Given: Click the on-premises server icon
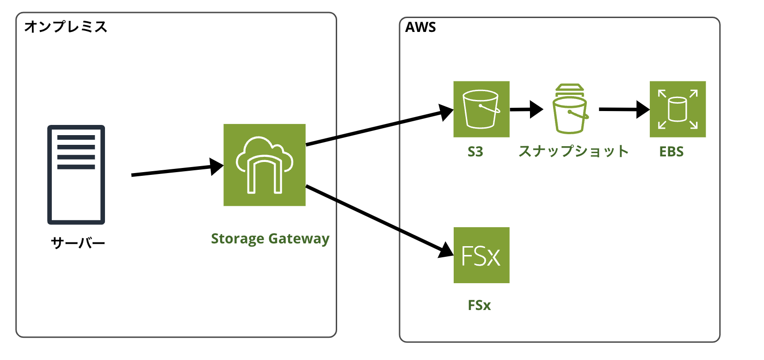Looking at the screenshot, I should pyautogui.click(x=76, y=174).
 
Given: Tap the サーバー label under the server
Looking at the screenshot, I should pyautogui.click(x=78, y=243).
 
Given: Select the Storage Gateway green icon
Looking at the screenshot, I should pyautogui.click(x=265, y=165).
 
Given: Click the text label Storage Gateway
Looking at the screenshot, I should pyautogui.click(x=270, y=239).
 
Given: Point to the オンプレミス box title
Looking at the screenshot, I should pyautogui.click(x=66, y=27).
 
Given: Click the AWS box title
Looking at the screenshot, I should pyautogui.click(x=420, y=27).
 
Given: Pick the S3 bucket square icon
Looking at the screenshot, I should pyautogui.click(x=481, y=109).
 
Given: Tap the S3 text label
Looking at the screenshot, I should pyautogui.click(x=475, y=152).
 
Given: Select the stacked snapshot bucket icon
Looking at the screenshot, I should pyautogui.click(x=570, y=109).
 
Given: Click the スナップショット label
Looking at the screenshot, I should pyautogui.click(x=573, y=151).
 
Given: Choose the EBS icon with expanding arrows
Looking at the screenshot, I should pyautogui.click(x=678, y=109).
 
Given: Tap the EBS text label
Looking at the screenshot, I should pyautogui.click(x=671, y=152).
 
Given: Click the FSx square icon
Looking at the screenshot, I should pyautogui.click(x=481, y=255).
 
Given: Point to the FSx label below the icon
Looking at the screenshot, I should pyautogui.click(x=479, y=305).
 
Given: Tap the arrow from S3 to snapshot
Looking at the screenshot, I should pyautogui.click(x=525, y=110).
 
